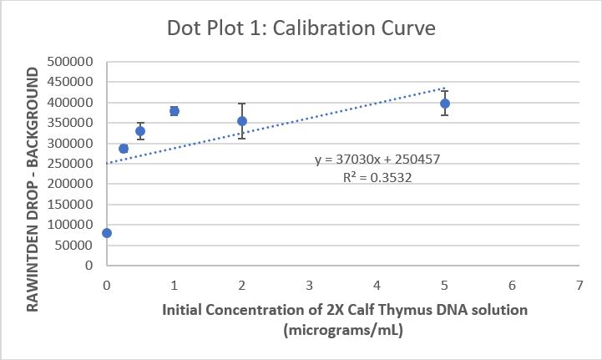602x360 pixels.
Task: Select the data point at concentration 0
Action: coord(107,233)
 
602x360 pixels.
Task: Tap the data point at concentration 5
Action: coord(445,104)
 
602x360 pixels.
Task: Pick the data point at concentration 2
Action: coord(242,121)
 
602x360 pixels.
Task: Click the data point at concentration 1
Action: coord(175,111)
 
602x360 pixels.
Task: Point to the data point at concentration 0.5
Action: coord(140,131)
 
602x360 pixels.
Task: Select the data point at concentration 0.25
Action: coord(124,149)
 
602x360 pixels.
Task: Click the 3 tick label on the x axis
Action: coord(309,285)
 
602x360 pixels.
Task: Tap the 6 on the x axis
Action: coord(512,285)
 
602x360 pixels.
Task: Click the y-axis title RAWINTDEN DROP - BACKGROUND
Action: coord(34,190)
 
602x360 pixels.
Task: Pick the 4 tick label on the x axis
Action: coord(377,285)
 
